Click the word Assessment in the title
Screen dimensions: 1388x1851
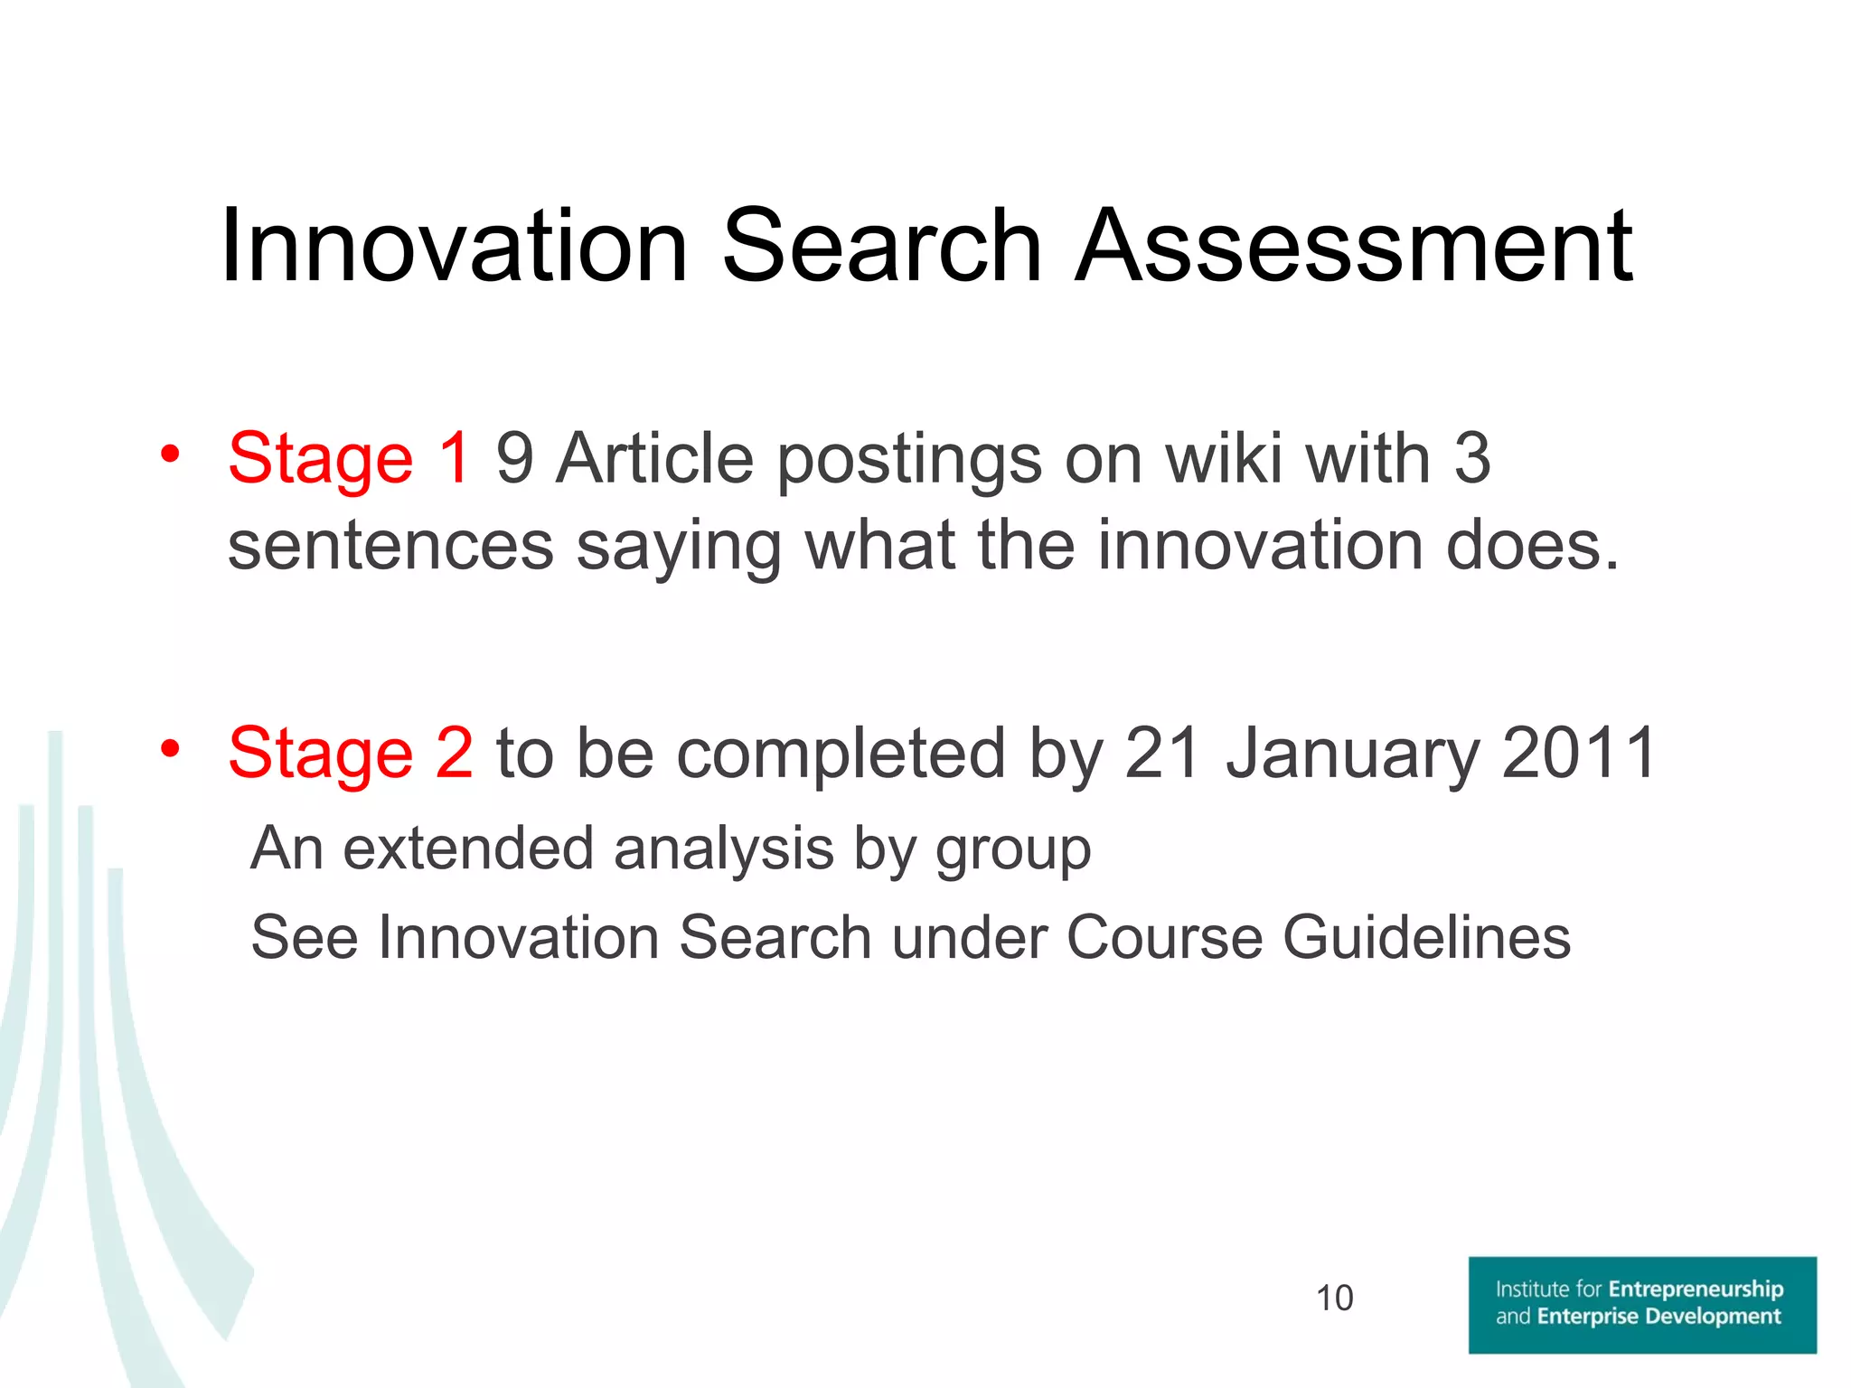tap(1354, 246)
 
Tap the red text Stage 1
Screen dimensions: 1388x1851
tap(349, 458)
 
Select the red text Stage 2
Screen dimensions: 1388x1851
tap(350, 753)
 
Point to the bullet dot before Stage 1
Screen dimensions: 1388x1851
tap(170, 454)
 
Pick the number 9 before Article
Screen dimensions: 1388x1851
tap(514, 458)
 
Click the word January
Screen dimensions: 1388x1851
tap(1351, 753)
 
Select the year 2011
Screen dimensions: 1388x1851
tap(1578, 753)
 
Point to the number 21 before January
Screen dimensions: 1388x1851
tap(1163, 753)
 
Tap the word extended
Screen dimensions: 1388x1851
tap(468, 849)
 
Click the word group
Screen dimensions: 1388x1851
tap(1013, 850)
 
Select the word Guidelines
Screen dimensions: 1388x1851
tap(1427, 937)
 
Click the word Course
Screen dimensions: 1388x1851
tap(1165, 937)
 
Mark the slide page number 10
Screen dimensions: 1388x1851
tap(1334, 1299)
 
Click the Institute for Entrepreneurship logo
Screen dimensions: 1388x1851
tap(1641, 1304)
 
